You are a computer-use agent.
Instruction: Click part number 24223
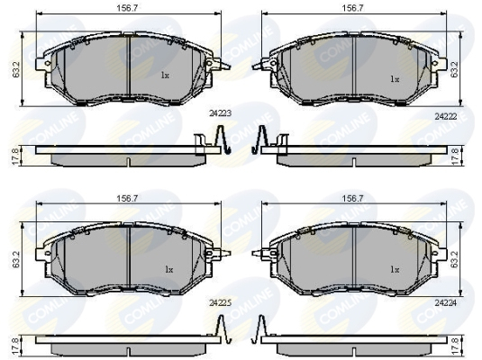[220, 113]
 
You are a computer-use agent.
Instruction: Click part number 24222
[446, 116]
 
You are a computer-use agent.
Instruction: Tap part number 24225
[220, 303]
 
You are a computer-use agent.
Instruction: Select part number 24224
[446, 303]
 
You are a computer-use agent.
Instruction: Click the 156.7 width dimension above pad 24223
[127, 8]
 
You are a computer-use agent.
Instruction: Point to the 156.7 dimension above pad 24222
[353, 8]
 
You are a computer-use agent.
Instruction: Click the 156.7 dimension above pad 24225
[127, 198]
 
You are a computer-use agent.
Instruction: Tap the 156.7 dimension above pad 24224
[353, 198]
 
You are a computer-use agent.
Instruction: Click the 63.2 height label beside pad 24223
[16, 69]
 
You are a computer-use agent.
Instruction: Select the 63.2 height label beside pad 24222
[455, 69]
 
